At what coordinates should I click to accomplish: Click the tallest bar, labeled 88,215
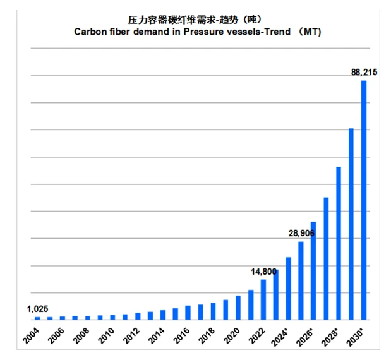(x=364, y=200)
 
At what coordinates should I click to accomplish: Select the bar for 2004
(x=37, y=318)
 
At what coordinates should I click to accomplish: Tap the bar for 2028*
(x=339, y=243)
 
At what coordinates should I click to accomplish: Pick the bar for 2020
(x=238, y=308)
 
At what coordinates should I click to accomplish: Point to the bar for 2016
(x=188, y=313)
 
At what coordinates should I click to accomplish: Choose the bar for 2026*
(x=313, y=271)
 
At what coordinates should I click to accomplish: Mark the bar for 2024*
(x=288, y=289)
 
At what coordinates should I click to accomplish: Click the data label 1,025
(x=38, y=309)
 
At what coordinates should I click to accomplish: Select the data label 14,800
(x=263, y=272)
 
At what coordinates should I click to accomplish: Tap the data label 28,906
(x=301, y=233)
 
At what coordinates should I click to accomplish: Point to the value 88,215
(x=364, y=72)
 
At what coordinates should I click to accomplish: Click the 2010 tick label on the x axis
(x=106, y=335)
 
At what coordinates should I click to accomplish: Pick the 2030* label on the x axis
(x=355, y=337)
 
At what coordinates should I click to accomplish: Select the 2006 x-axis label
(x=56, y=335)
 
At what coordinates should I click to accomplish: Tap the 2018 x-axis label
(x=207, y=335)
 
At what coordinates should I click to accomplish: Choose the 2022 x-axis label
(x=257, y=335)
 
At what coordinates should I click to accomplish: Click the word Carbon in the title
(x=90, y=32)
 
